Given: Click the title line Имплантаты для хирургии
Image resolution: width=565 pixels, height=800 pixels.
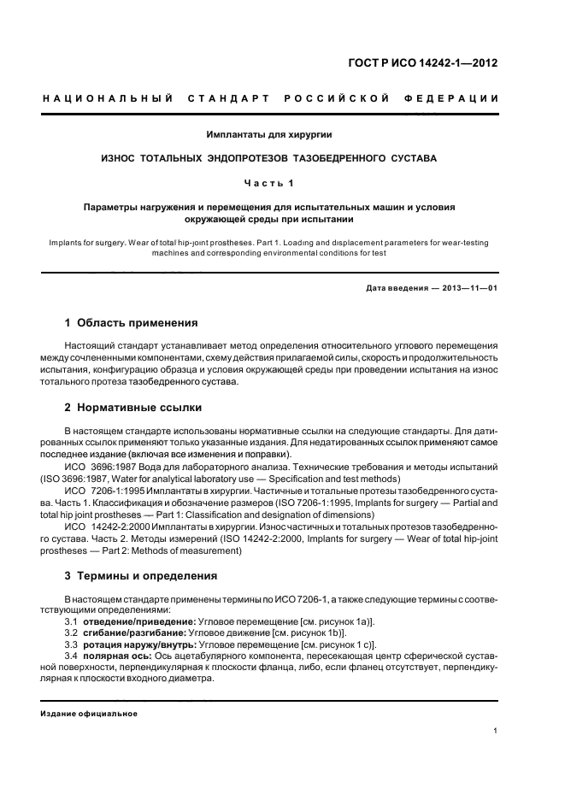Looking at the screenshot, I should (x=269, y=134).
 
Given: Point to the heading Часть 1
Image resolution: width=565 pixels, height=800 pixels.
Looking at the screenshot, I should (x=269, y=182).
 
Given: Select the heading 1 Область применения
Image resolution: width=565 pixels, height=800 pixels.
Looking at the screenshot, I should (x=132, y=323).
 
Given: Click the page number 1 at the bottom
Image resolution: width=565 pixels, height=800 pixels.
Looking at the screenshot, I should (x=496, y=730).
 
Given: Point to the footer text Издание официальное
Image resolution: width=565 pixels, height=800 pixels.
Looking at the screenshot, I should (x=90, y=713).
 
